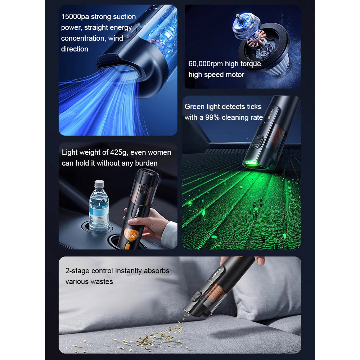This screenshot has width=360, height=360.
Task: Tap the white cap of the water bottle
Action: [x=99, y=184]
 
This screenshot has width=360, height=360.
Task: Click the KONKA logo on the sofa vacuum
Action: [x=216, y=273]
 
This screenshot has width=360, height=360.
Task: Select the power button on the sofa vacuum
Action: [x=196, y=296]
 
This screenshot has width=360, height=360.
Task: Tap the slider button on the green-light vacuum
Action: [x=258, y=142]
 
